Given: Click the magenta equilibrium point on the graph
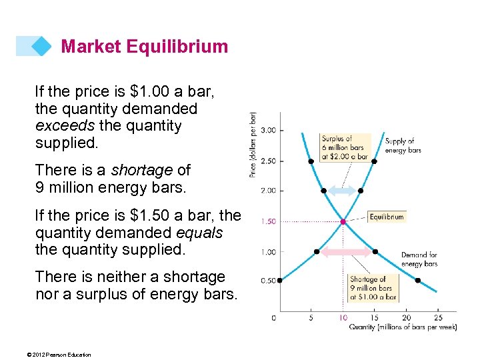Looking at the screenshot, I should tap(343, 221).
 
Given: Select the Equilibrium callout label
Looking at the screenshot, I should tap(386, 217).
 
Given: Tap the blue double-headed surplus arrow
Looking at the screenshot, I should tap(342, 191).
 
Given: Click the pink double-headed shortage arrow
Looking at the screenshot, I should tap(345, 252).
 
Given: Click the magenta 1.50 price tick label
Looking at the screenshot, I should tap(267, 221).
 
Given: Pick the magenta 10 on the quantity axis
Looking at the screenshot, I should tap(343, 318).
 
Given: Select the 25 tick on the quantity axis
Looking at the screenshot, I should tap(437, 318).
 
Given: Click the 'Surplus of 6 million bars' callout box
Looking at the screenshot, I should tap(344, 147).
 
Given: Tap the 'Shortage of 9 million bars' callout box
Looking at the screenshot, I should tap(373, 288).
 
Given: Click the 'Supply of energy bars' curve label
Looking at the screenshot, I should tap(403, 145).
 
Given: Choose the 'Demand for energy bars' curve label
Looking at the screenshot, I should tap(419, 259).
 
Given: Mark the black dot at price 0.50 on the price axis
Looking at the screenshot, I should tap(280, 281).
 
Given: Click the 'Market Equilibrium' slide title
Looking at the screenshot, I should tap(144, 47).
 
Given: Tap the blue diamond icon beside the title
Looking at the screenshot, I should tap(41, 46).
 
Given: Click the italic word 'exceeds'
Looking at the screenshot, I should tap(63, 125).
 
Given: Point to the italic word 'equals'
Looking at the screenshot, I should tap(199, 233).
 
